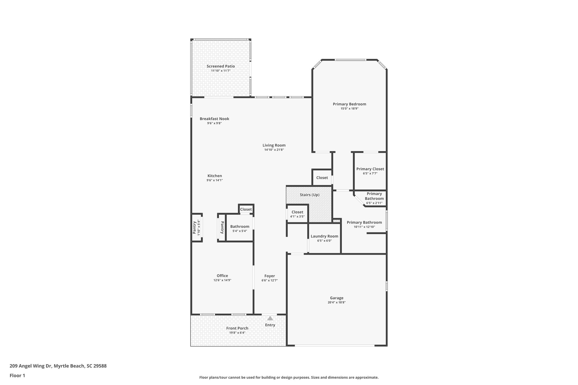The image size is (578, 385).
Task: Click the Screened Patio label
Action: pyautogui.click(x=221, y=66)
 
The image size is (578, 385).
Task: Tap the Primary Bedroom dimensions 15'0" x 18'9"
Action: pyautogui.click(x=349, y=109)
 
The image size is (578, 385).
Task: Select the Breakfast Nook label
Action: pyautogui.click(x=214, y=119)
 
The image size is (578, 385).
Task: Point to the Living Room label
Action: pyautogui.click(x=274, y=145)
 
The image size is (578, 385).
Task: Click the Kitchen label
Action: pyautogui.click(x=215, y=176)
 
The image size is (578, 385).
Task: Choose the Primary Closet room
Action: pyautogui.click(x=370, y=171)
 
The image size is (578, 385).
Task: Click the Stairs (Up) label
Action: pyautogui.click(x=309, y=195)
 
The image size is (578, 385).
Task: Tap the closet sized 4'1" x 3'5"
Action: pyautogui.click(x=297, y=214)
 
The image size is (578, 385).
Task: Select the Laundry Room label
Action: pyautogui.click(x=324, y=236)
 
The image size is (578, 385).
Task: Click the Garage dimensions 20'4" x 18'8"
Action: pyautogui.click(x=337, y=302)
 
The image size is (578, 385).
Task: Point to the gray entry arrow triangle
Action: pyautogui.click(x=270, y=318)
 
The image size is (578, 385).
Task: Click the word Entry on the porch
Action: pyautogui.click(x=270, y=325)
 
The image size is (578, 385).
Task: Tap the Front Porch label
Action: pyautogui.click(x=237, y=328)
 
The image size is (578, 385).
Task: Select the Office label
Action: pyautogui.click(x=222, y=276)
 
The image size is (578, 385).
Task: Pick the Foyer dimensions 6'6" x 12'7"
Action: pyautogui.click(x=270, y=280)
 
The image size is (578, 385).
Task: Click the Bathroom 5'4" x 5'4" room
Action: pyautogui.click(x=240, y=228)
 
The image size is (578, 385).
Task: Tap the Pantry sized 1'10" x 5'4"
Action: pyautogui.click(x=196, y=227)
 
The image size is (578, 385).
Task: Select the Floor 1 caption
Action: pyautogui.click(x=17, y=376)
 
